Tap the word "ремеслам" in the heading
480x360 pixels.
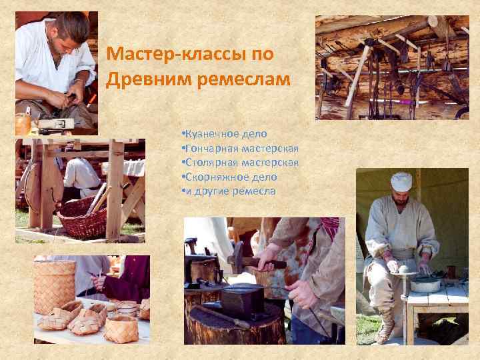tap(243, 79)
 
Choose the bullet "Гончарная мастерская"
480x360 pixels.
tap(239, 148)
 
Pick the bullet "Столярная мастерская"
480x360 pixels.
tap(239, 162)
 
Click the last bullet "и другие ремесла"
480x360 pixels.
tap(227, 191)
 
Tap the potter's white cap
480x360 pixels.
tap(401, 180)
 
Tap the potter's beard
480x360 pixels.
tap(399, 199)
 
